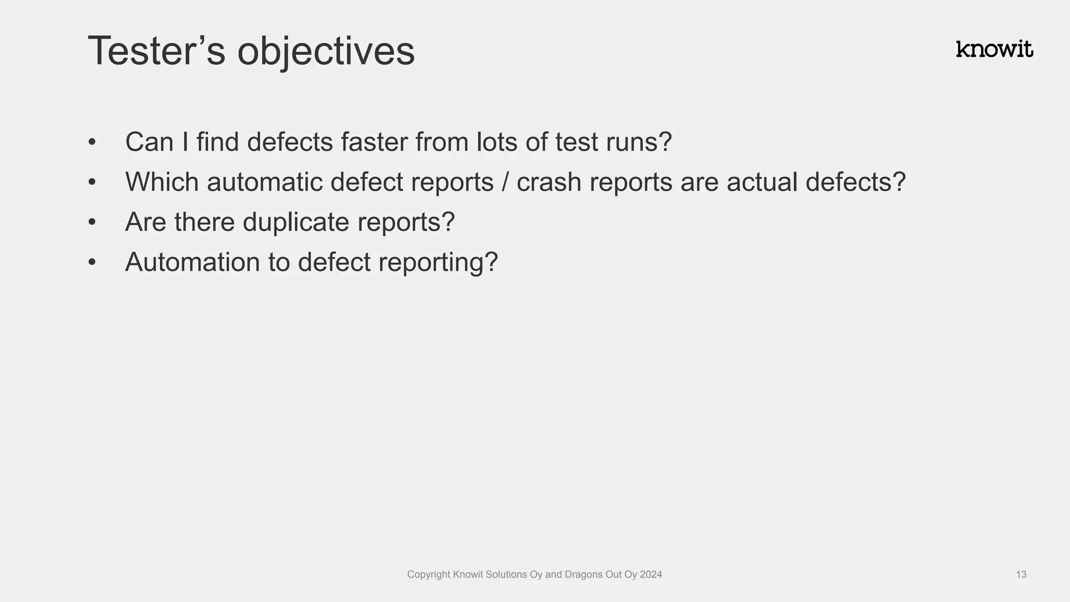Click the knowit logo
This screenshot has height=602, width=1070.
(x=994, y=49)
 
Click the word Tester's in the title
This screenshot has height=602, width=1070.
(x=156, y=51)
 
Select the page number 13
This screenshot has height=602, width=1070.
(x=1021, y=575)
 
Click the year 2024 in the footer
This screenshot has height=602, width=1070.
(x=650, y=575)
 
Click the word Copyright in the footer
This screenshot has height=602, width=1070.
(x=428, y=575)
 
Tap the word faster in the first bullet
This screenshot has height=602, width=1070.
(x=374, y=142)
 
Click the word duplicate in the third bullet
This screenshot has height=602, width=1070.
(x=296, y=223)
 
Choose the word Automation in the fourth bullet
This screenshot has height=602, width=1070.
(x=192, y=262)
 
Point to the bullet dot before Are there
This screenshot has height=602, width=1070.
(x=92, y=223)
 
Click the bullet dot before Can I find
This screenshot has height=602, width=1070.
(x=92, y=142)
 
